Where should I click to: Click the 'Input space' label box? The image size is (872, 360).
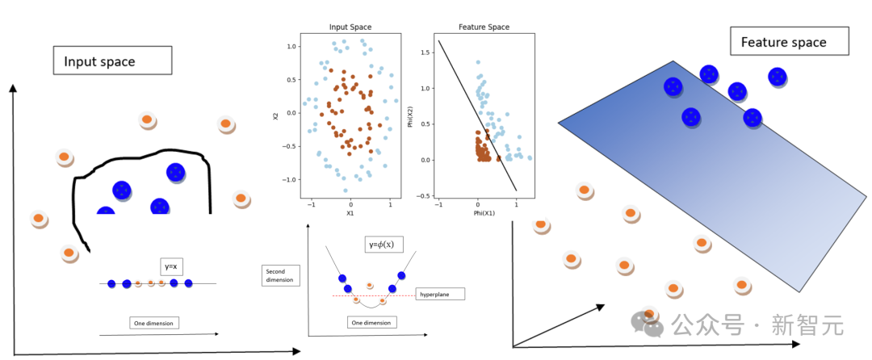click(111, 61)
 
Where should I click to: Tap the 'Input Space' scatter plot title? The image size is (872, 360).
click(350, 27)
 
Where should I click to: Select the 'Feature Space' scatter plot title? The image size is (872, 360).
click(484, 27)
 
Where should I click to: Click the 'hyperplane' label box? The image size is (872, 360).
click(440, 295)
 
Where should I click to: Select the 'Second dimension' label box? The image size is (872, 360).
click(279, 276)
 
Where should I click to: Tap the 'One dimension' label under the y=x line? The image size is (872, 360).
click(155, 323)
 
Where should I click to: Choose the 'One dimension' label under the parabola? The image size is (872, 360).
click(373, 323)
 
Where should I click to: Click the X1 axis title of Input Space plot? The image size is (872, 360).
click(350, 214)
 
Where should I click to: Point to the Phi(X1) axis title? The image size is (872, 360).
click(484, 214)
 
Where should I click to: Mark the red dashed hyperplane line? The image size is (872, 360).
click(379, 296)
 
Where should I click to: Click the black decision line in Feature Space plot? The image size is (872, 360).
click(476, 113)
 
